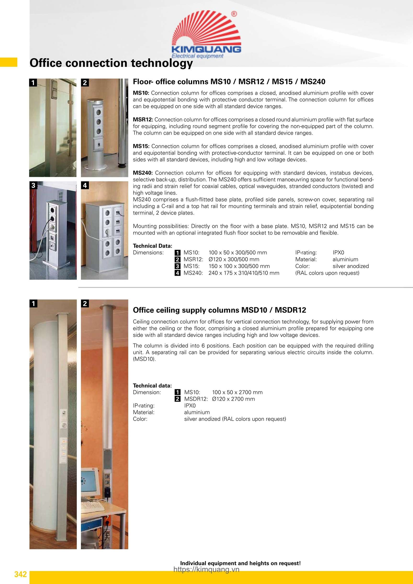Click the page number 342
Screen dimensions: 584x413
[x=21, y=574]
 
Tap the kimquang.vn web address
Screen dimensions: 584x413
[x=206, y=570]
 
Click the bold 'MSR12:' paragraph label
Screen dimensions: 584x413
[x=143, y=119]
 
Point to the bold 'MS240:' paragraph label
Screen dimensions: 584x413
[x=142, y=173]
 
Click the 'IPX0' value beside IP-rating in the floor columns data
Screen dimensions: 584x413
[x=338, y=253]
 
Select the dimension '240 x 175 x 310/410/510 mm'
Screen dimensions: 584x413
[x=244, y=273]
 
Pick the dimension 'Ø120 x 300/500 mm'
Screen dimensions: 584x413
[x=234, y=259]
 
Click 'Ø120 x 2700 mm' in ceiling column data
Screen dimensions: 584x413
[x=233, y=399]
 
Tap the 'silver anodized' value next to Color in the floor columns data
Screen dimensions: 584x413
[x=351, y=266]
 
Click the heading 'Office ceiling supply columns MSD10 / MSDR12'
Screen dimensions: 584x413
[x=219, y=310]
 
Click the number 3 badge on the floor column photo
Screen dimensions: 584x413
[x=33, y=185]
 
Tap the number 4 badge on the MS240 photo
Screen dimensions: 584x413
[x=85, y=185]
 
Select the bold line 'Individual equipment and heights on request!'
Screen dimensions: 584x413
[x=240, y=563]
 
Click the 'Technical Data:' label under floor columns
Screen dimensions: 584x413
[x=153, y=246]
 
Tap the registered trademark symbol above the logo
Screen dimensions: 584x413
[x=234, y=14]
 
